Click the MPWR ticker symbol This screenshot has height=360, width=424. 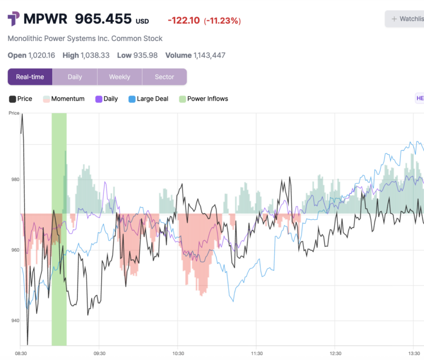tap(46, 19)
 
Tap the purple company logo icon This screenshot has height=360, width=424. tap(13, 19)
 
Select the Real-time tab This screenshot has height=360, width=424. tap(30, 77)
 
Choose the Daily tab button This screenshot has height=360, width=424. tap(75, 77)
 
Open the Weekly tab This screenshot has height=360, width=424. tap(120, 77)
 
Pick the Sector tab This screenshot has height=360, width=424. tap(164, 77)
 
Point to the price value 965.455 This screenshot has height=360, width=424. tap(103, 19)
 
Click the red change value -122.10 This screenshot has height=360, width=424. tap(184, 20)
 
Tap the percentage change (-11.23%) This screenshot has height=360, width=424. tap(222, 20)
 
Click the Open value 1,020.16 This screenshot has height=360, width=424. tap(41, 55)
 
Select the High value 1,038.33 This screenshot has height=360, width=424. tap(95, 55)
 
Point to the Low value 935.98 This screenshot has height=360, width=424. tap(145, 55)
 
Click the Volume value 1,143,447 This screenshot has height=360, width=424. tap(209, 55)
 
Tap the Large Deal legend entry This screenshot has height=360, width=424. tap(149, 99)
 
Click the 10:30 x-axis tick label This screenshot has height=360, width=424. tap(178, 353)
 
